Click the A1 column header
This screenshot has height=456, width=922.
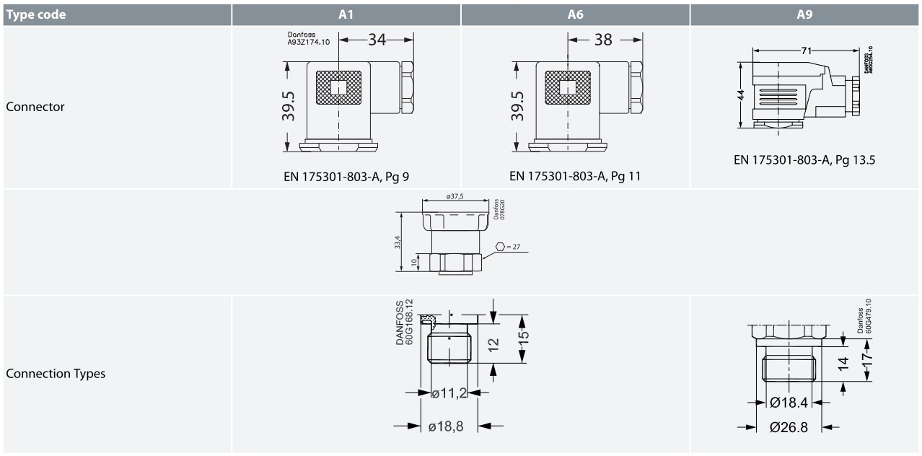click(x=346, y=14)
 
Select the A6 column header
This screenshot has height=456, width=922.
click(x=575, y=14)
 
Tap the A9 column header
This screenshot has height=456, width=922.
click(x=805, y=14)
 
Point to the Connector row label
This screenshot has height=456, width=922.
click(x=35, y=107)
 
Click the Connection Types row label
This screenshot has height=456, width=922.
click(x=56, y=374)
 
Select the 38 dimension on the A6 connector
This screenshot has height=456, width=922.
click(x=603, y=40)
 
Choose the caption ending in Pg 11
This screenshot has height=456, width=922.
click(x=575, y=175)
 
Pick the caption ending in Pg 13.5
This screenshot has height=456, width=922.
click(x=804, y=160)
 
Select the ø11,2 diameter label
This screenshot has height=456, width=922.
click(x=449, y=393)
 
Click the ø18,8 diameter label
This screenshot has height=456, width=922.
click(x=446, y=426)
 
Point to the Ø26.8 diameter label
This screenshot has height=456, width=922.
click(x=789, y=427)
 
